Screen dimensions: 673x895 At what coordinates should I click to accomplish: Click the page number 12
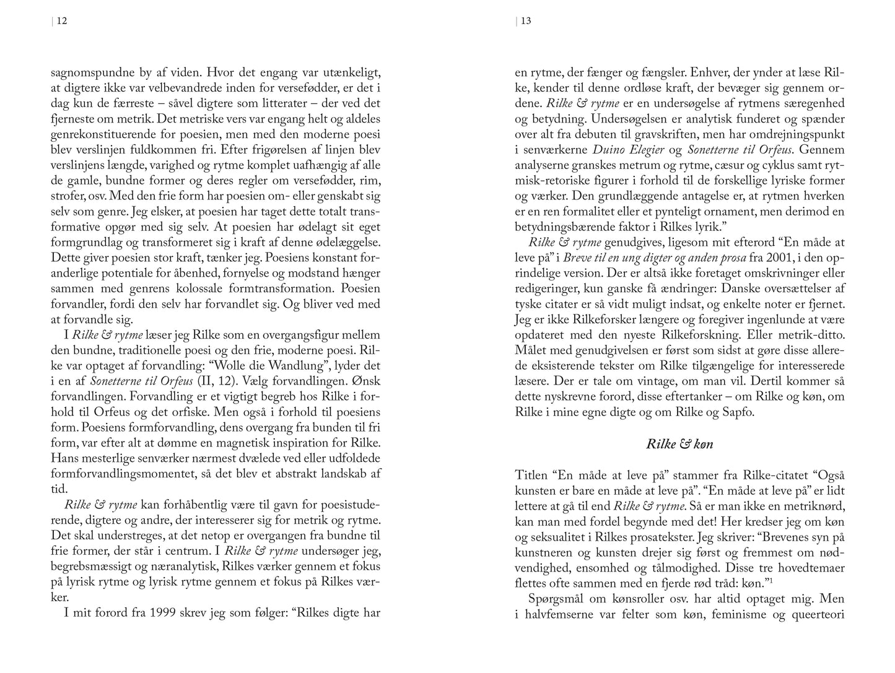[62, 21]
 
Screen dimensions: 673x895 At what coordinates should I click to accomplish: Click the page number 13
[526, 21]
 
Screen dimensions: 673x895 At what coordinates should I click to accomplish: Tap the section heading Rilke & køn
[679, 444]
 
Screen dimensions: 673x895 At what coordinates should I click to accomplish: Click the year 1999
[156, 613]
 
